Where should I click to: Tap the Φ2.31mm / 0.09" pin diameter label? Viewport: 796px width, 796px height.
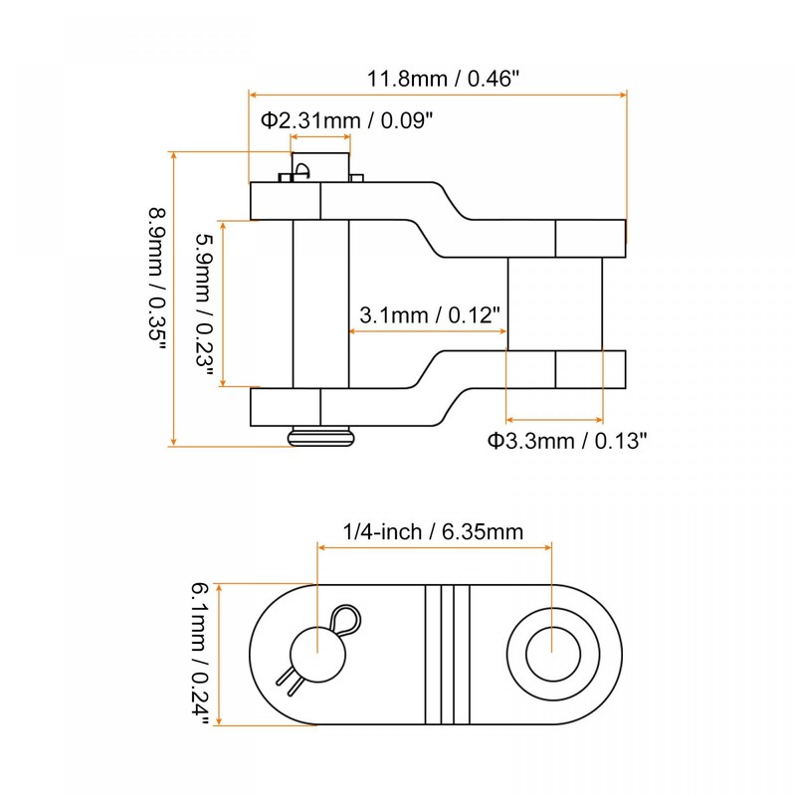[x=347, y=120]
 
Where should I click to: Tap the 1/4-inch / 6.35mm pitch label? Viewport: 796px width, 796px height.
[x=433, y=532]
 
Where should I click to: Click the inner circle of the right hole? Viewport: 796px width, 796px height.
[x=553, y=654]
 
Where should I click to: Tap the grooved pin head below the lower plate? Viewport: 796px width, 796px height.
[x=320, y=437]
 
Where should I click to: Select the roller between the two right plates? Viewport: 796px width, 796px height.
[x=555, y=303]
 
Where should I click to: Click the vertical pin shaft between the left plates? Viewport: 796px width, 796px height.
[x=320, y=303]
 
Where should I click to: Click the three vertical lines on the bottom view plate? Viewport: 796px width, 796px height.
[x=447, y=654]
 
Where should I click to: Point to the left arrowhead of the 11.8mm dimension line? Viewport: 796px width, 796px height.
[x=253, y=96]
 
